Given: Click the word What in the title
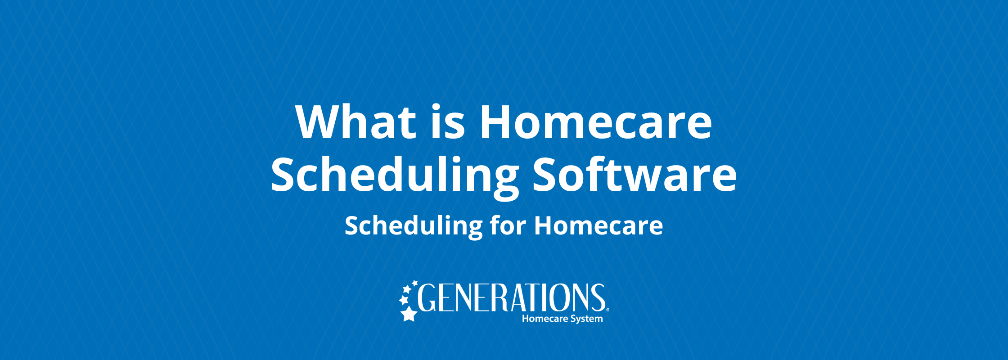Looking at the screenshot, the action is pos(355,122).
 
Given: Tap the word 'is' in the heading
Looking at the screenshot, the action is pos(448,121).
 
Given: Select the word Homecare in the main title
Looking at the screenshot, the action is pos(596,122).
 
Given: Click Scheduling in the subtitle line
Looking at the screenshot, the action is pos(414,226).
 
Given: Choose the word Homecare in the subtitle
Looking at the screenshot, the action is pos(598,225).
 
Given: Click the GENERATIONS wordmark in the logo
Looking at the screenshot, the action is pos(511,297).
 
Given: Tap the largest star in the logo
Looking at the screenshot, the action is pos(409,314).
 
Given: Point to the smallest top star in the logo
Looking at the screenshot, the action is pos(414,283).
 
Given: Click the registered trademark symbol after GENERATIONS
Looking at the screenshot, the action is pos(607,310).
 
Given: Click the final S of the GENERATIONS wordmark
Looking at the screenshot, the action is pos(598,297).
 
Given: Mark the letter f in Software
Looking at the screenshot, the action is pos(604,173).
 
